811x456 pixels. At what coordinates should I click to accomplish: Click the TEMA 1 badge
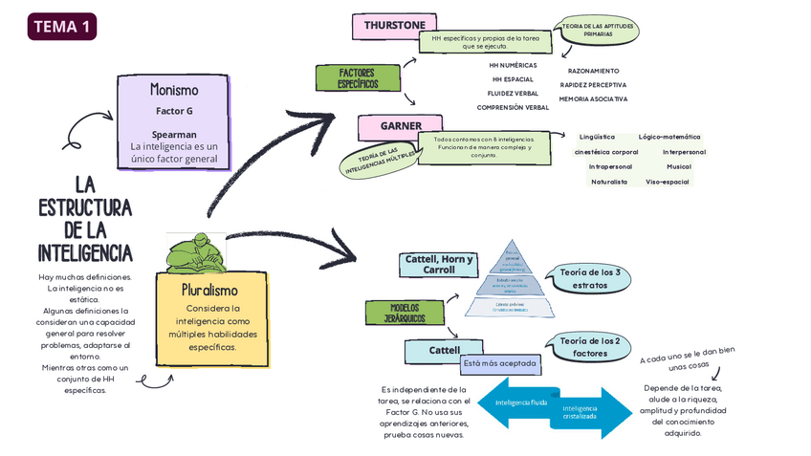(62, 27)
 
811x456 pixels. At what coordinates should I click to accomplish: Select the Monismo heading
(174, 90)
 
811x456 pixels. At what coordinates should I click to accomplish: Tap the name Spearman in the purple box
(174, 135)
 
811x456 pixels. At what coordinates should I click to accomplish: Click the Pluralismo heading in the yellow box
(209, 289)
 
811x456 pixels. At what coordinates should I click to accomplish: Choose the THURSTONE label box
(394, 25)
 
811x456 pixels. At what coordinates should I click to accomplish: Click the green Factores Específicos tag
(356, 78)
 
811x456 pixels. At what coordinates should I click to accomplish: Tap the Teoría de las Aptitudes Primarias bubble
(598, 30)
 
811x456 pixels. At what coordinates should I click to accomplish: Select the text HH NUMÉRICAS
(513, 65)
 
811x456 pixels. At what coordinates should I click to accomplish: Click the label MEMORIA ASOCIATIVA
(593, 98)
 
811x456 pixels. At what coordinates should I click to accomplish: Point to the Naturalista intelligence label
(609, 182)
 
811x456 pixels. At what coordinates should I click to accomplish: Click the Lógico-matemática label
(669, 137)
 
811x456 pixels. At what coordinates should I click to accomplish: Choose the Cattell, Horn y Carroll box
(439, 265)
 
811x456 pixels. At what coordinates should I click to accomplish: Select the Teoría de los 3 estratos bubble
(589, 279)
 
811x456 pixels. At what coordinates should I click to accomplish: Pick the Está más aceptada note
(499, 363)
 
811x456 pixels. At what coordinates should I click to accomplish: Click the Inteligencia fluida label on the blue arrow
(521, 402)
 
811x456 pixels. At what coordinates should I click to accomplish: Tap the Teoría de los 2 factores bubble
(589, 347)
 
